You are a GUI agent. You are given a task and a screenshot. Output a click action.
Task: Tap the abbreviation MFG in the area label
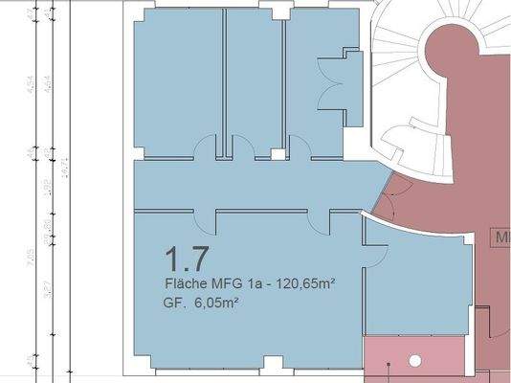pyautogui.click(x=225, y=284)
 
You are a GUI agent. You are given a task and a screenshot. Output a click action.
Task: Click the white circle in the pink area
pyautogui.click(x=416, y=361)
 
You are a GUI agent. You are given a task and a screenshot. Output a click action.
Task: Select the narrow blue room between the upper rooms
pyautogui.click(x=254, y=81)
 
